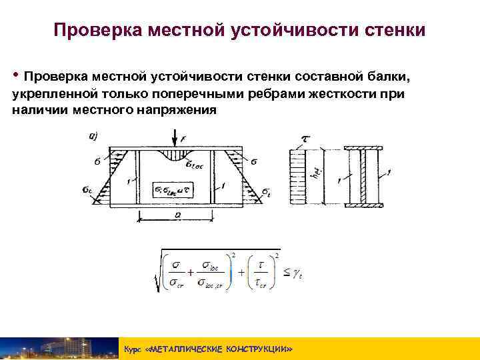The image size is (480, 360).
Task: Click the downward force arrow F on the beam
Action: (x=174, y=139)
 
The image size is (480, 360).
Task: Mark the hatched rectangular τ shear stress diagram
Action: (x=297, y=177)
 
